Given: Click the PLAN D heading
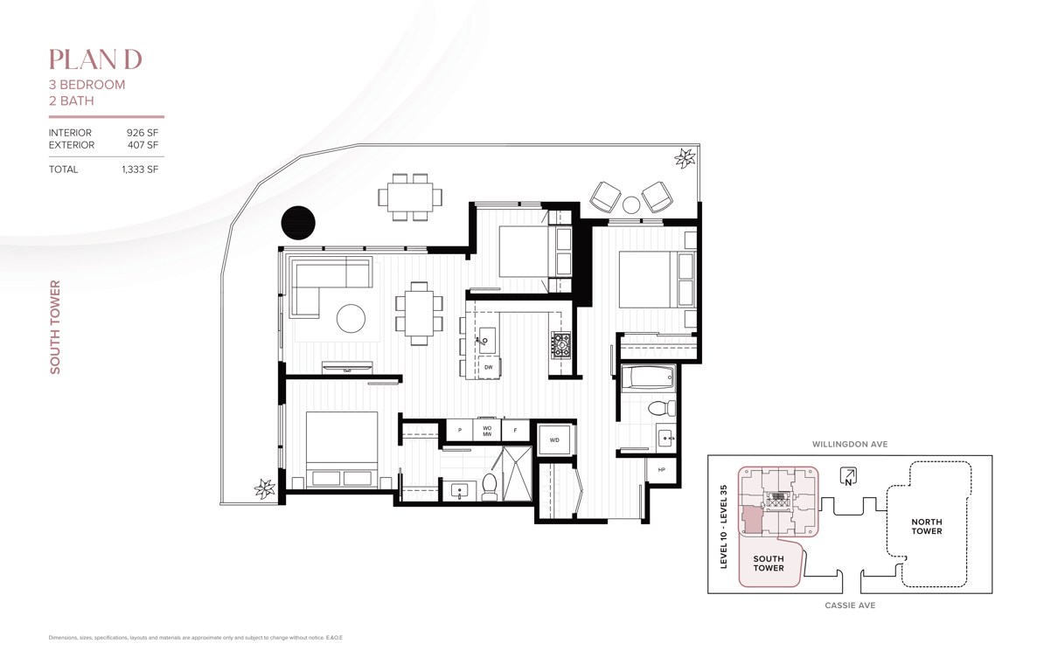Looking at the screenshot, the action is [95, 59].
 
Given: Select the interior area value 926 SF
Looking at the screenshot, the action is [143, 133].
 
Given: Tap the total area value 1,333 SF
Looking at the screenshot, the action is [140, 169].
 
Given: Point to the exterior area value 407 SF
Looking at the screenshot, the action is [143, 145].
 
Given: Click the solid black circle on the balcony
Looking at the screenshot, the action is [298, 223].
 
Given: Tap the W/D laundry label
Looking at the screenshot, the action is [554, 440].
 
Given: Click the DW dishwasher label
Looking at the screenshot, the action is [488, 368].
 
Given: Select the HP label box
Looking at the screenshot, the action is [662, 470].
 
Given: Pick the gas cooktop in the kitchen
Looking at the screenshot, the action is [560, 345].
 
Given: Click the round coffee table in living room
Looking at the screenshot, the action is [351, 319].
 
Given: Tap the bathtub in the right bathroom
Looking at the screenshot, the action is [647, 379].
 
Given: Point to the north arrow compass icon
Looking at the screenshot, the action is [848, 476].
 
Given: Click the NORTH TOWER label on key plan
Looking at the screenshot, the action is [927, 526].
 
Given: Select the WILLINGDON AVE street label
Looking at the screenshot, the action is [850, 444].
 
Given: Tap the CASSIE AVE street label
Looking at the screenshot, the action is [850, 605].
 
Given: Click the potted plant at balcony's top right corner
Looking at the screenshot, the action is [685, 158].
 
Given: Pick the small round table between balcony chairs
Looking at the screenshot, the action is [631, 205].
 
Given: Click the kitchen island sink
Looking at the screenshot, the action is [486, 338].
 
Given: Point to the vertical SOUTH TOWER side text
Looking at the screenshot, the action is [55, 328].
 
